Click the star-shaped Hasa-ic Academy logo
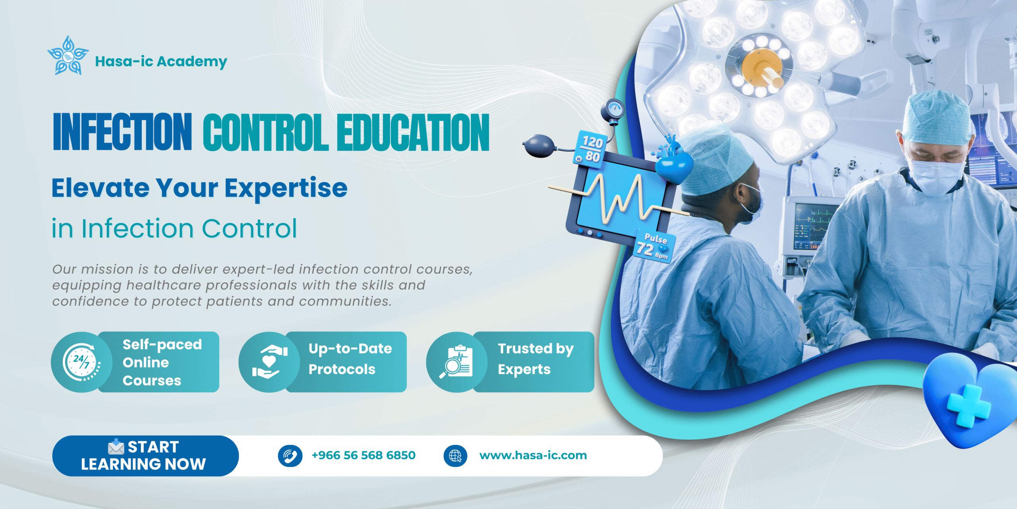pyautogui.click(x=68, y=55)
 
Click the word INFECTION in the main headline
pyautogui.click(x=122, y=132)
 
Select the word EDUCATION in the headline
pyautogui.click(x=413, y=133)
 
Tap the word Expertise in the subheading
pyautogui.click(x=286, y=188)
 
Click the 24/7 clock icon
pyautogui.click(x=81, y=362)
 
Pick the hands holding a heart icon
pyautogui.click(x=269, y=362)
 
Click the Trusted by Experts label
pyautogui.click(x=536, y=359)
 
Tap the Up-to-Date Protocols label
pyautogui.click(x=350, y=359)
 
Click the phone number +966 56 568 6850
pyautogui.click(x=363, y=455)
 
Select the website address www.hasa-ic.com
pyautogui.click(x=533, y=455)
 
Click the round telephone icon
pyautogui.click(x=290, y=456)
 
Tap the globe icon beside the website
pyautogui.click(x=455, y=456)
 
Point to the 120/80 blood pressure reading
pyautogui.click(x=590, y=149)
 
